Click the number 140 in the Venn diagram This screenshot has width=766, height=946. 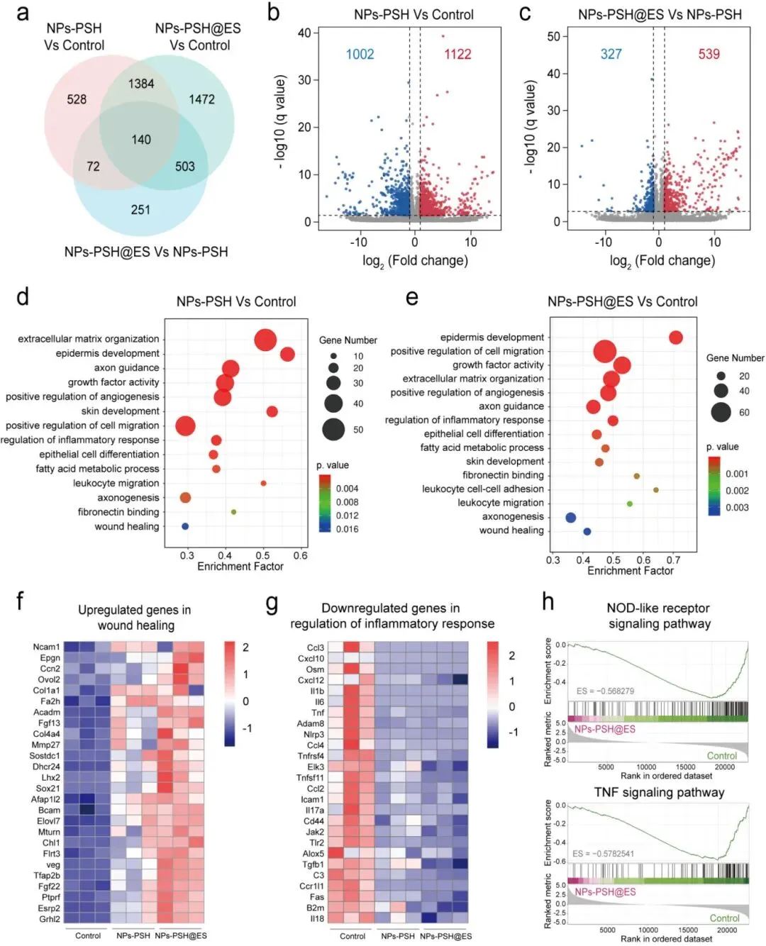[141, 140]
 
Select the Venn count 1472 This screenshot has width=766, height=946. [201, 99]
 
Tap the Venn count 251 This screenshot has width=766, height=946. [140, 209]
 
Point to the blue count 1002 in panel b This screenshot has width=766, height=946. [360, 55]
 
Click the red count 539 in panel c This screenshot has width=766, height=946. [709, 55]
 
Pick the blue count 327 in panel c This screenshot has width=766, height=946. [611, 55]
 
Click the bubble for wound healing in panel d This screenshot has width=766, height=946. [185, 526]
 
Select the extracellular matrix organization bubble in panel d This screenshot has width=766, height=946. [265, 340]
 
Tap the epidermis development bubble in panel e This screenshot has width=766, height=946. [675, 338]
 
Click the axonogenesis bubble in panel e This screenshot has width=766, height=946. [570, 517]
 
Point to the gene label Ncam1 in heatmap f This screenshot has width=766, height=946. [47, 647]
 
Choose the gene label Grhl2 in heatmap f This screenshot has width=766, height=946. [49, 919]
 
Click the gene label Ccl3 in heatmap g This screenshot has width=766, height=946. [315, 647]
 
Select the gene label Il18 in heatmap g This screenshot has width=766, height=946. [316, 918]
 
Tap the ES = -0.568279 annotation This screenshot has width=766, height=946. [605, 691]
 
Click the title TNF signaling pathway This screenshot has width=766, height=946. [659, 792]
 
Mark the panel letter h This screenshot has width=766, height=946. [548, 601]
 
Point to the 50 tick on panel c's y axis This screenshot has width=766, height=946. [553, 36]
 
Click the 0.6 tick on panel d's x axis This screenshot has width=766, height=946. [301, 555]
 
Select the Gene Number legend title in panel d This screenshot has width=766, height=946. [348, 340]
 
